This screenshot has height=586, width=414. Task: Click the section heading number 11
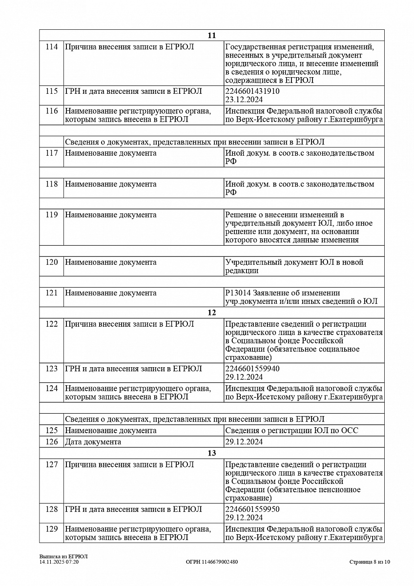coord(211,36)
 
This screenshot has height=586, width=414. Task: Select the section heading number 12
coord(211,313)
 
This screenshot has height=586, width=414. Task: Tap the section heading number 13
coord(211,453)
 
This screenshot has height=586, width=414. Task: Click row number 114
coord(51,47)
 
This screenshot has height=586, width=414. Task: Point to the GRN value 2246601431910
coord(252,91)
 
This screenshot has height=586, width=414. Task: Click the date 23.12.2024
coord(244,100)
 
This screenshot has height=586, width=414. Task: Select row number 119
coord(51,215)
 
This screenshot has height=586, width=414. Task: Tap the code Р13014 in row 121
coord(236,293)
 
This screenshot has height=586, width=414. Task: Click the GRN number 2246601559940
coord(252,369)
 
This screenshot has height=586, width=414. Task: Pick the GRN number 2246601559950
coord(252,509)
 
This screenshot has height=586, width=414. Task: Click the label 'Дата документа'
coord(93,442)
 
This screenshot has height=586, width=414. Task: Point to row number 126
coord(51,442)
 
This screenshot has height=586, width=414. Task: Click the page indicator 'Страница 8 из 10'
coord(370,562)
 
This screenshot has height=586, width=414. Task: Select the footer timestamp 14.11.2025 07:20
coord(59,562)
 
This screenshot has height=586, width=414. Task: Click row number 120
coord(51,262)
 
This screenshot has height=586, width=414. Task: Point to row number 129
coord(51,529)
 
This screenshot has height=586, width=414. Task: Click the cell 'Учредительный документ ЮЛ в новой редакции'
coord(294,266)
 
